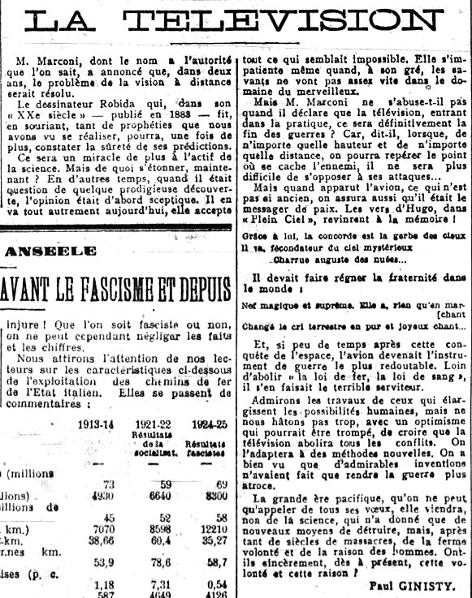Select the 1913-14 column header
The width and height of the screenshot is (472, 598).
pos(96,424)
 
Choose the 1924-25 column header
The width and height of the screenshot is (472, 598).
pos(204,424)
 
